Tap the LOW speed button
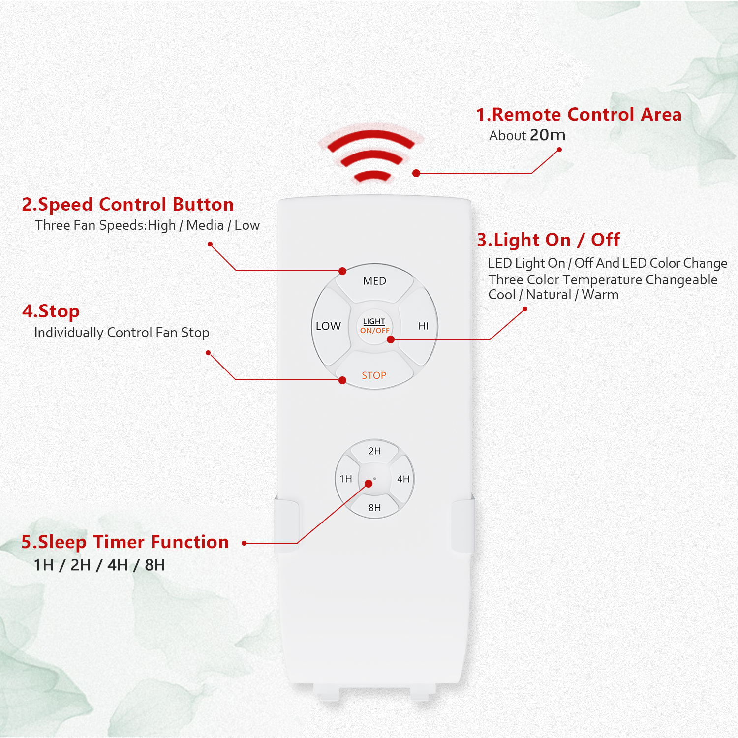tap(329, 326)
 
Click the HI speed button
tap(421, 326)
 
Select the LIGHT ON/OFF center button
tap(374, 326)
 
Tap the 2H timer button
tap(374, 451)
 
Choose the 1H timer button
tap(346, 479)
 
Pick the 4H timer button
tap(403, 479)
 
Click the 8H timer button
tap(374, 507)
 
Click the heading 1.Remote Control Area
tap(579, 115)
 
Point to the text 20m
tap(548, 135)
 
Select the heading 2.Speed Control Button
tap(128, 204)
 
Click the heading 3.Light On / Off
tap(549, 240)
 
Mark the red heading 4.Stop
tap(51, 311)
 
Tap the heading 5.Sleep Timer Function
tap(125, 542)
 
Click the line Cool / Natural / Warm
tap(553, 295)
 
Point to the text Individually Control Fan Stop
tap(122, 333)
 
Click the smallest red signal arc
tap(372, 176)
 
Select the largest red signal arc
tap(371, 138)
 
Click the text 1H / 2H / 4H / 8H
tap(99, 565)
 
